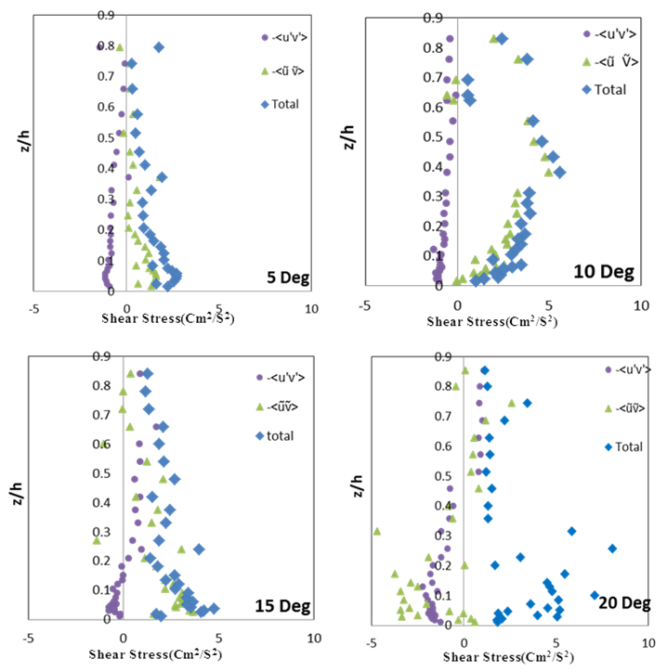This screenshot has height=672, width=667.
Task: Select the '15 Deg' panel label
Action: tap(283, 607)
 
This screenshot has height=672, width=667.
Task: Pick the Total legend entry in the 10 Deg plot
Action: tap(610, 89)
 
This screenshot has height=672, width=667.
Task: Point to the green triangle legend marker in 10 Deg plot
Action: tap(586, 61)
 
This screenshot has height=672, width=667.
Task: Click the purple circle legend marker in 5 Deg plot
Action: tap(264, 38)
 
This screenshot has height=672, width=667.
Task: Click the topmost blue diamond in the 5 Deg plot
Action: tap(159, 47)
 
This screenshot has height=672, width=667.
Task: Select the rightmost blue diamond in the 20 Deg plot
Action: tap(612, 549)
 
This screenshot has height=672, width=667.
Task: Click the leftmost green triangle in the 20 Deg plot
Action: tap(377, 531)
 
